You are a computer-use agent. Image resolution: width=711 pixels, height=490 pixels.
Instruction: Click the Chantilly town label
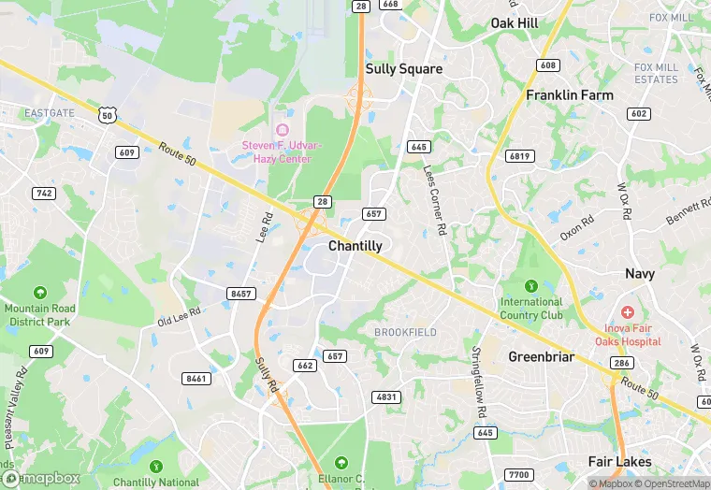(355, 246)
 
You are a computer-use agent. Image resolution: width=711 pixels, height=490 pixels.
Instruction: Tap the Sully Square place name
(403, 69)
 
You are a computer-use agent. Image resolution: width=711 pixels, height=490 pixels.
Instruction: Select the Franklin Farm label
(569, 95)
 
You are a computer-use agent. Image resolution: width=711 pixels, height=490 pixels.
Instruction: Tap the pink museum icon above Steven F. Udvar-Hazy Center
(282, 129)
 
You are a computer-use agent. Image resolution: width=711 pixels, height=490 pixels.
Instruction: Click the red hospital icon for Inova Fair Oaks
(627, 311)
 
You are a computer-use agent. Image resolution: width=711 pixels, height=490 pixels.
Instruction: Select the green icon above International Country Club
(531, 286)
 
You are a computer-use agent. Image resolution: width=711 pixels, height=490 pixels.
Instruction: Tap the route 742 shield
(43, 194)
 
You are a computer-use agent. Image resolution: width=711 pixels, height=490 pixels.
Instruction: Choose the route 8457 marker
(240, 294)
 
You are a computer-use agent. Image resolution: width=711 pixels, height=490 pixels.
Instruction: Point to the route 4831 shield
(385, 397)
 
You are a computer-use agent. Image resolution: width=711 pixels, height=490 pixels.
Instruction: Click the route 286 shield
(622, 362)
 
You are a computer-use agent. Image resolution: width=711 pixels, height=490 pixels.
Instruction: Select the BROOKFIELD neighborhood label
(405, 333)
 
